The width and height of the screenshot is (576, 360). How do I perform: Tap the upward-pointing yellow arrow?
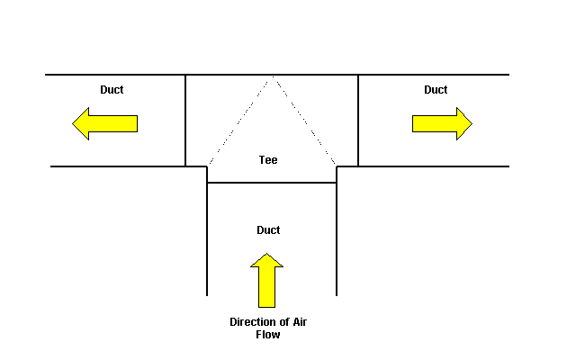coord(266,280)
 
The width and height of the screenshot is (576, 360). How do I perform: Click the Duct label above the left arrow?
coord(112,90)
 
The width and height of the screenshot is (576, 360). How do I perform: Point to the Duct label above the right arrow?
coord(436,90)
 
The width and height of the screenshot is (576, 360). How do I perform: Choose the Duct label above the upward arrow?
coord(268,230)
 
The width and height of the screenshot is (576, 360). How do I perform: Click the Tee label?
coord(268,159)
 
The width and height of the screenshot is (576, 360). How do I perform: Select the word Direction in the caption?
coord(253,322)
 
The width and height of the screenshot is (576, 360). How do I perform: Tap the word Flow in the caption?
coord(267,335)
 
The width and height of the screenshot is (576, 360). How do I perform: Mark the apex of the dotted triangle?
coord(271,76)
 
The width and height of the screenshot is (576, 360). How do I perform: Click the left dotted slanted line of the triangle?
coord(238,121)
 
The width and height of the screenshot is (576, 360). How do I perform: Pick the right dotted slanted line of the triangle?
coord(303,121)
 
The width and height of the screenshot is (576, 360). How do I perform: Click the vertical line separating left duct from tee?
coord(185,121)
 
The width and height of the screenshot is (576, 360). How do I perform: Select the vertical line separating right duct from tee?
coord(358,121)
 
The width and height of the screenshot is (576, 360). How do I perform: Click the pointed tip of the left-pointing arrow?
coord(74,123)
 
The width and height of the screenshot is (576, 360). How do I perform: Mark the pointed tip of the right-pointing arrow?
coord(472,123)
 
